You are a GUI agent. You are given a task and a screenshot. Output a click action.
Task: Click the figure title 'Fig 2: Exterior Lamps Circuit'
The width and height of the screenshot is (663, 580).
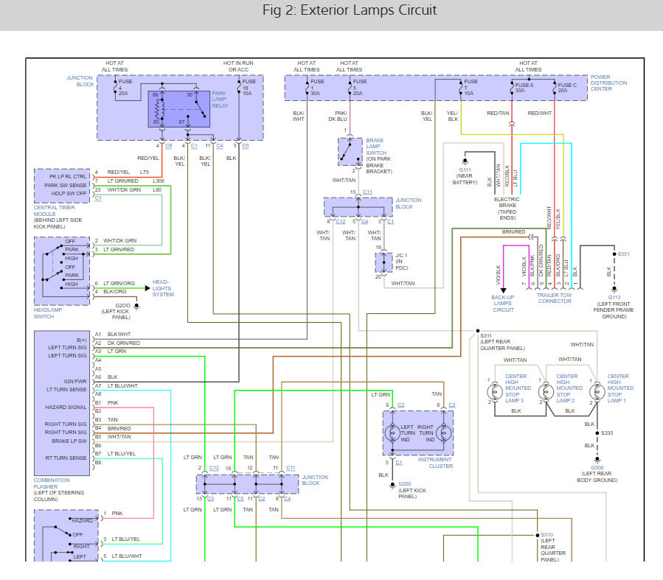coord(350,10)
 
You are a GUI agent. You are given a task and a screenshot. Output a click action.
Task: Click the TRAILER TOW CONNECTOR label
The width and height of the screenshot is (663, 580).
coord(555,297)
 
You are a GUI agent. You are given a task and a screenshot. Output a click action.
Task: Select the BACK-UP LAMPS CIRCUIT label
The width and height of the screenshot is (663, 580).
coord(503,304)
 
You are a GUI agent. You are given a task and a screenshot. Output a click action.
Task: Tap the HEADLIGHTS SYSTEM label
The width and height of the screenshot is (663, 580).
coord(164,288)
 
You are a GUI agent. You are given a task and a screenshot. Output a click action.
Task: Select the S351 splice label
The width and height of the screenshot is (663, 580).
coord(623,254)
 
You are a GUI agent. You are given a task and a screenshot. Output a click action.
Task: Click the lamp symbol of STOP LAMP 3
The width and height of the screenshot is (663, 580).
coord(491,391)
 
